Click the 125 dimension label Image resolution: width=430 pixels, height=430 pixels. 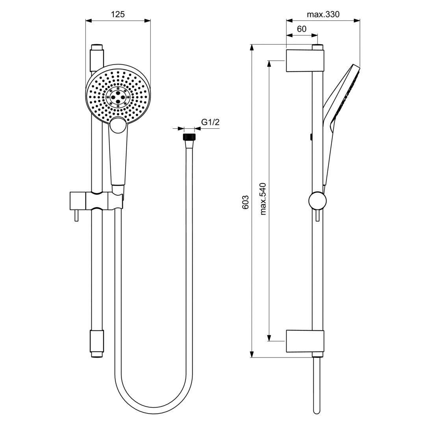click(118, 15)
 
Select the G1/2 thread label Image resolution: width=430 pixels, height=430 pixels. click(210, 122)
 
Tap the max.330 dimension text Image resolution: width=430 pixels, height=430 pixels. click(323, 15)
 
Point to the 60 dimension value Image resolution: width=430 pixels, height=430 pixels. click(302, 29)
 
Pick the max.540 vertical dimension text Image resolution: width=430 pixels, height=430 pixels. click(263, 198)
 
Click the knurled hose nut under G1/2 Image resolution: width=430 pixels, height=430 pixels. click(189, 137)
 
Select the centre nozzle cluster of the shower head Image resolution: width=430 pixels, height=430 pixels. click(118, 96)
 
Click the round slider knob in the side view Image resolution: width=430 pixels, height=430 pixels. click(317, 200)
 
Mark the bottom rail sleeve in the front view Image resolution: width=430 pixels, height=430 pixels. click(97, 342)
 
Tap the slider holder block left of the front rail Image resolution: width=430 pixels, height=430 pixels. click(77, 201)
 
